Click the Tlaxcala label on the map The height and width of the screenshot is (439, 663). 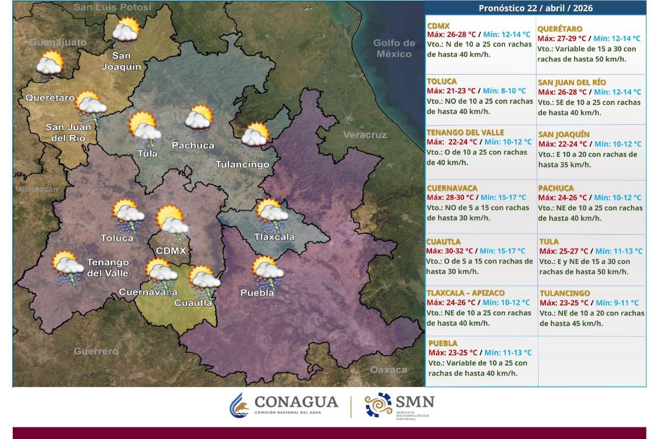pos(274,237)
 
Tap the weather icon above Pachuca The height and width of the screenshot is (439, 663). pos(198,121)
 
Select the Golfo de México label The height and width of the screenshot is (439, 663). pos(394,49)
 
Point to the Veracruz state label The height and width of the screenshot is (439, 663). pos(365,135)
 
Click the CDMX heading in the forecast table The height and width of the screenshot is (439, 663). pos(438,26)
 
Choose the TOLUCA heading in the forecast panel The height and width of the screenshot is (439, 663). pos(441,81)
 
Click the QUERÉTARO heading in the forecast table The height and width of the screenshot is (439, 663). pos(560,29)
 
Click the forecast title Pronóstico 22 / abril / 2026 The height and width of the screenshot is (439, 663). pos(535,8)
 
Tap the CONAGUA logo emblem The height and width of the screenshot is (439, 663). pos(240,405)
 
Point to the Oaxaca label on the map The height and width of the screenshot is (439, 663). pos(388,369)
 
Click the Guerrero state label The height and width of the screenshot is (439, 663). pos(96,351)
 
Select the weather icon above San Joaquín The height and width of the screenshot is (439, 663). pos(125,31)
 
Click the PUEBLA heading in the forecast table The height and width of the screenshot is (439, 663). pos(443,343)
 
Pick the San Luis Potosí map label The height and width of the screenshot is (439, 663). pos(112,7)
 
